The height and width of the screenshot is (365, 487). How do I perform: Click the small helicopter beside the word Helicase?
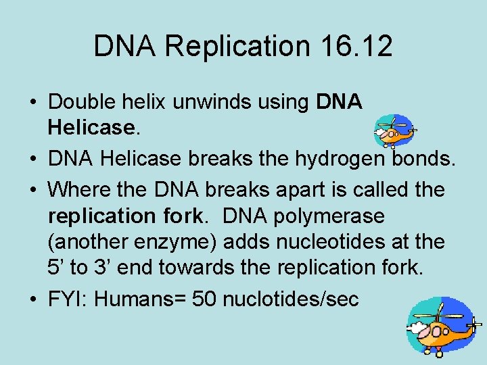[x=394, y=130]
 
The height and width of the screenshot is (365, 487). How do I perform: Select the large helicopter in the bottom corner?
[x=442, y=326]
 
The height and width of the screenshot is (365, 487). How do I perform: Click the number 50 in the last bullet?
[x=204, y=298]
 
